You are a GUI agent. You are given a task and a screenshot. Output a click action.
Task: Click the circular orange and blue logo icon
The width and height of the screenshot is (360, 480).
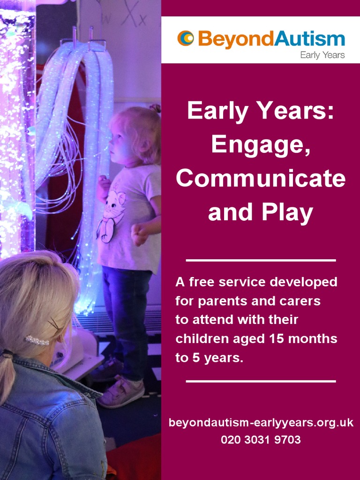pos(185,38)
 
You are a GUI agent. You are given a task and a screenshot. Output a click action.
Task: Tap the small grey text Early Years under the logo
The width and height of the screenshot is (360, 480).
pos(322,55)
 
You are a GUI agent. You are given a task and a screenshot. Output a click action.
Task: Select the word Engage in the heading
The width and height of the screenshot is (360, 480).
pos(261,144)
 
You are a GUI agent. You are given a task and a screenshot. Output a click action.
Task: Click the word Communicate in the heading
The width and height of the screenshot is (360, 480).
pos(261,179)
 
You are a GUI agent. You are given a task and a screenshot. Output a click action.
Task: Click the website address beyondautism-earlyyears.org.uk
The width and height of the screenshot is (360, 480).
pos(261,423)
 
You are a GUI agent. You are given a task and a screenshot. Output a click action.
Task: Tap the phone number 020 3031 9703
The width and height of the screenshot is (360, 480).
pos(261,440)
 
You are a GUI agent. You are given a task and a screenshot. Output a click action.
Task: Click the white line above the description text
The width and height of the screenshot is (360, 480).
pos(261,260)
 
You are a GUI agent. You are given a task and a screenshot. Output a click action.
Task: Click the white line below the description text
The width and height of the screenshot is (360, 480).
pos(261,381)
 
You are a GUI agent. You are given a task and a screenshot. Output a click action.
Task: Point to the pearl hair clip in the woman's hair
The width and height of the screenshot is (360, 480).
pos(37,340)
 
